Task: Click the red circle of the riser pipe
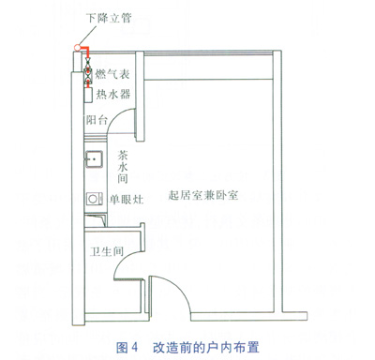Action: (77, 48)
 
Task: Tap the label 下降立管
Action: (109, 18)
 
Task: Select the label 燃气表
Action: (112, 74)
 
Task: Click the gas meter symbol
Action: (88, 75)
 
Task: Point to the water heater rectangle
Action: (88, 95)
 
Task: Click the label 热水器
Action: (113, 94)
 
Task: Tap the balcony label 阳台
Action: (97, 120)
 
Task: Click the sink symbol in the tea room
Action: (94, 159)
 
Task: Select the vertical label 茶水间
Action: (123, 167)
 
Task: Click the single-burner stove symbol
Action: (95, 199)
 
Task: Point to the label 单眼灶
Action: (127, 199)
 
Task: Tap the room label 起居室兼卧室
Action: (203, 195)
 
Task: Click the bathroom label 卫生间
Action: (107, 251)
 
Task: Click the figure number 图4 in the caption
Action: (127, 347)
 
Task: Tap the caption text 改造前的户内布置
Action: (206, 347)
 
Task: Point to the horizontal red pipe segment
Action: (84, 48)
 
